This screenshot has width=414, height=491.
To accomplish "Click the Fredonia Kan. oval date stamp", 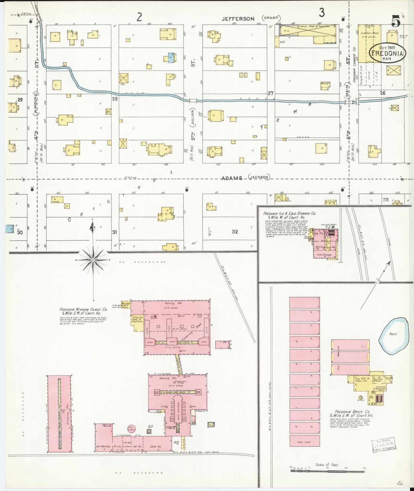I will tap(387, 53).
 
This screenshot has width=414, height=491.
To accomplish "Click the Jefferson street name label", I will tap(238, 19).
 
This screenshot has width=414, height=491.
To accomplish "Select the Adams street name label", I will tap(232, 178).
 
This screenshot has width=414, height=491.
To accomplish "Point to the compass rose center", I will tap(93, 260).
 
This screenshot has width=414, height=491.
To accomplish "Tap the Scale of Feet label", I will tap(327, 465).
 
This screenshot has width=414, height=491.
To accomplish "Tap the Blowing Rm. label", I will tap(164, 378).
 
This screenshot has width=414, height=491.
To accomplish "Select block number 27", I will tap(270, 93).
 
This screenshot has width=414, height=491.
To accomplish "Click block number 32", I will tap(235, 231).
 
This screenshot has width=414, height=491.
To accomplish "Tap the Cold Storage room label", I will tap(324, 255).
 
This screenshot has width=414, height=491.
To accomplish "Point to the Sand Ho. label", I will tap(156, 446).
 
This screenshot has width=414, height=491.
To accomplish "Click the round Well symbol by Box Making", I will tap(131, 428).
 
